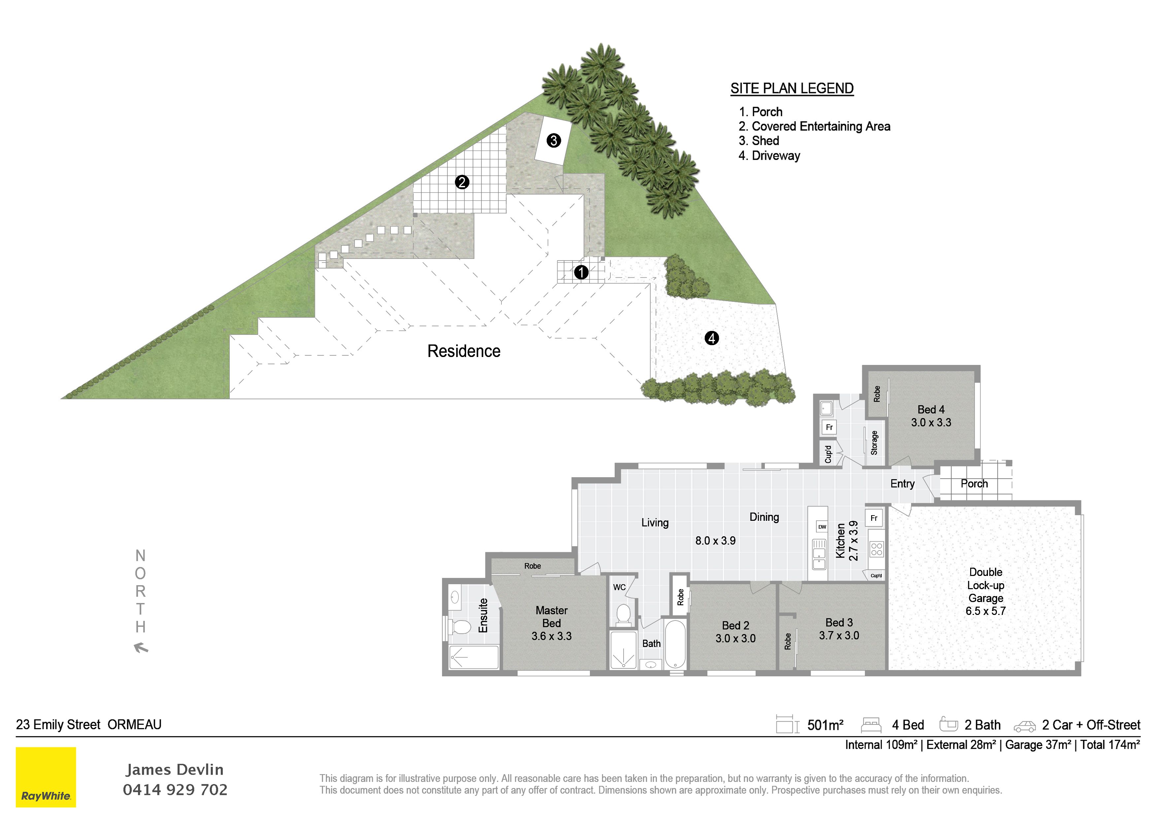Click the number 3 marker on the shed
pos(554,140)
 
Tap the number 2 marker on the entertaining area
pos(462,182)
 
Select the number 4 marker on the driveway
pos(712,338)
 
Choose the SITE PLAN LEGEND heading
pos(792,88)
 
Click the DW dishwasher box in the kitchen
pos(822,527)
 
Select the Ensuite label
pos(483,615)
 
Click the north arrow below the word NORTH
pos(141,647)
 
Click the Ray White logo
pos(46,777)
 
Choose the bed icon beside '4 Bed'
pos(871,725)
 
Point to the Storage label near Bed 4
pos(874,443)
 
